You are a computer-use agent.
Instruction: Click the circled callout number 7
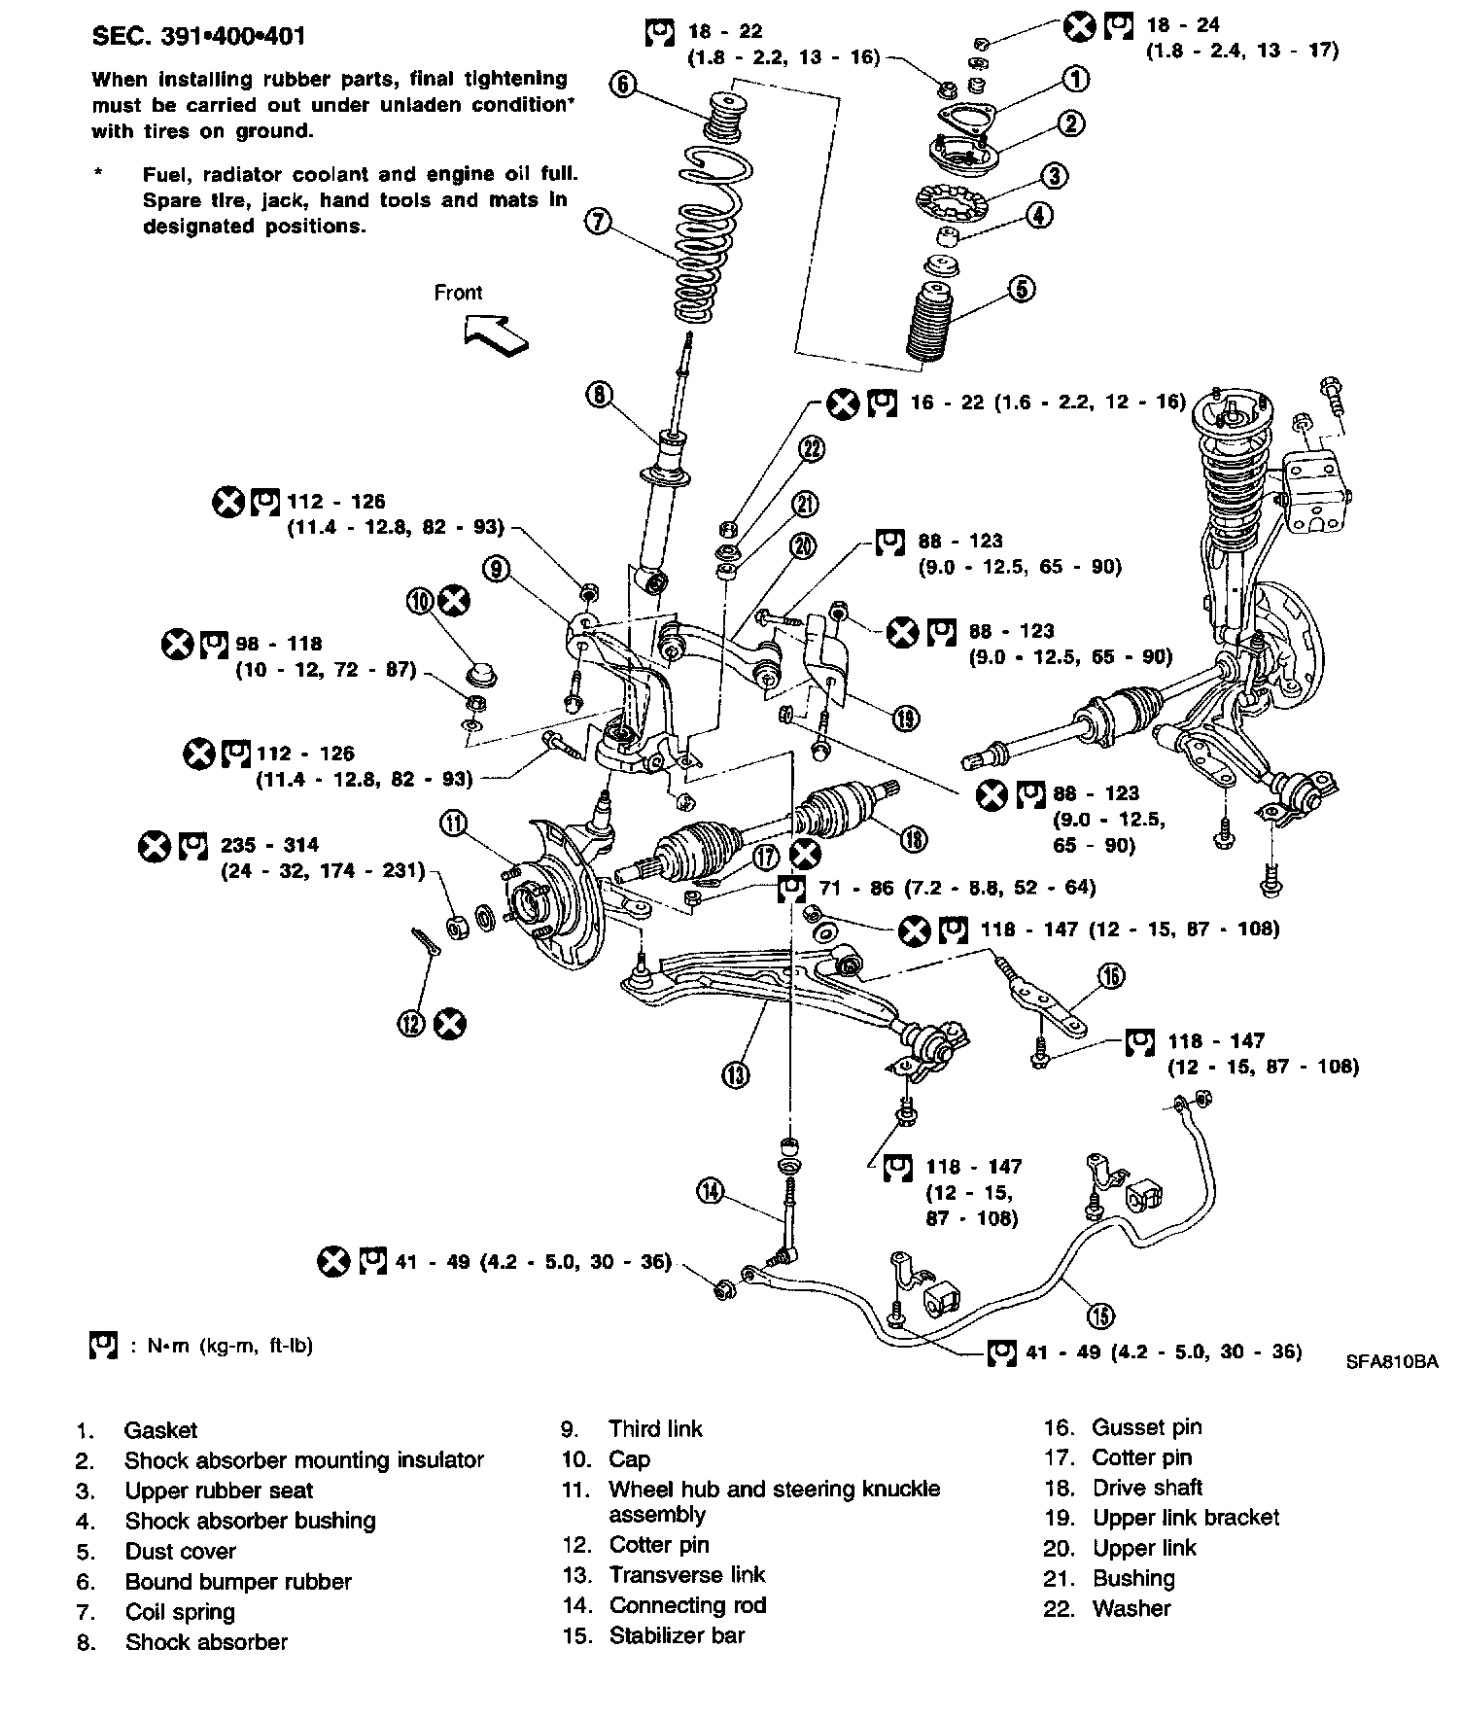pyautogui.click(x=598, y=223)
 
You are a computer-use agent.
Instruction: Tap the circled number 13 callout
pyautogui.click(x=736, y=1073)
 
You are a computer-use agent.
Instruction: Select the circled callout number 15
pyautogui.click(x=1100, y=1316)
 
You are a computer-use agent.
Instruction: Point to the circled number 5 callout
pyautogui.click(x=1021, y=289)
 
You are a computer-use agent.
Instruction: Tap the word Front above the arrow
pyautogui.click(x=458, y=293)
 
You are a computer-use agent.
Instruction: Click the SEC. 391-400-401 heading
pyautogui.click(x=198, y=37)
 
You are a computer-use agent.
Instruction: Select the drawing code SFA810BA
pyautogui.click(x=1391, y=1362)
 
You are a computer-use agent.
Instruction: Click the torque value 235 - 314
pyautogui.click(x=269, y=845)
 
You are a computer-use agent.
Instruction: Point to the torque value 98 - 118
pyautogui.click(x=278, y=644)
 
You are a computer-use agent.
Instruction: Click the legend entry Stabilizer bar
pyautogui.click(x=677, y=1635)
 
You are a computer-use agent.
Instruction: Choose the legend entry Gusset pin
pyautogui.click(x=1146, y=1427)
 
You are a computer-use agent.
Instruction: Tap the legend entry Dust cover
pyautogui.click(x=180, y=1551)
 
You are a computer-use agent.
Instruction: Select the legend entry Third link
pyautogui.click(x=655, y=1428)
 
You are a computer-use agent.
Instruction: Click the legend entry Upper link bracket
pyautogui.click(x=1185, y=1518)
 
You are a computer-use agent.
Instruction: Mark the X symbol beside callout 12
pyautogui.click(x=450, y=1024)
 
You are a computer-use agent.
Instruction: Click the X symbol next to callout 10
pyautogui.click(x=453, y=601)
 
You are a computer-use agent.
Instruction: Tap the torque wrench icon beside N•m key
pyautogui.click(x=102, y=1345)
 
